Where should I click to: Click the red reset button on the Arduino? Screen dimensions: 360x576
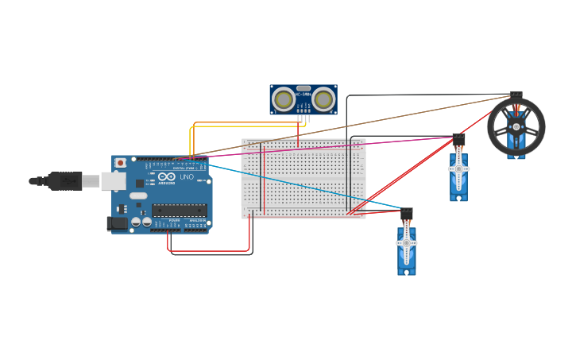click(x=120, y=163)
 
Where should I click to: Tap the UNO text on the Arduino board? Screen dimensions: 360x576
click(x=187, y=177)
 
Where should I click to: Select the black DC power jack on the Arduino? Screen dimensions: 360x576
click(x=117, y=223)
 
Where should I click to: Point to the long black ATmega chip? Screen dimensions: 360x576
click(x=180, y=211)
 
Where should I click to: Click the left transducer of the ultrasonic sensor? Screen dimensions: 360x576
click(x=283, y=99)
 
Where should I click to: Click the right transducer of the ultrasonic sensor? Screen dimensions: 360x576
click(x=323, y=99)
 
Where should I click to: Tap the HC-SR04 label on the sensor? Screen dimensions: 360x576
click(x=303, y=96)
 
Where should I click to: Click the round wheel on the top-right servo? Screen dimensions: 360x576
click(x=516, y=126)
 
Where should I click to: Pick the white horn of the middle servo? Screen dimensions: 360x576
click(x=458, y=170)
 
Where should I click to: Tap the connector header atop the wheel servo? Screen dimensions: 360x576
click(x=516, y=95)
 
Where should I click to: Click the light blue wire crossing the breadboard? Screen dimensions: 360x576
click(x=302, y=188)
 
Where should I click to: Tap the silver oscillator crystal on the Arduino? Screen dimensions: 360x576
click(x=138, y=195)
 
